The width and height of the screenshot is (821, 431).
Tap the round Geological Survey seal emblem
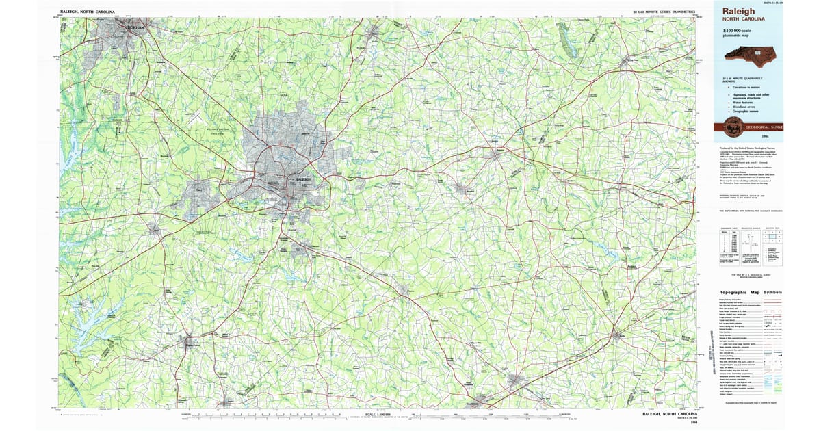[733, 127]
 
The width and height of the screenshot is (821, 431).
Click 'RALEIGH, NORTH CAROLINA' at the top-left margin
[88, 12]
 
